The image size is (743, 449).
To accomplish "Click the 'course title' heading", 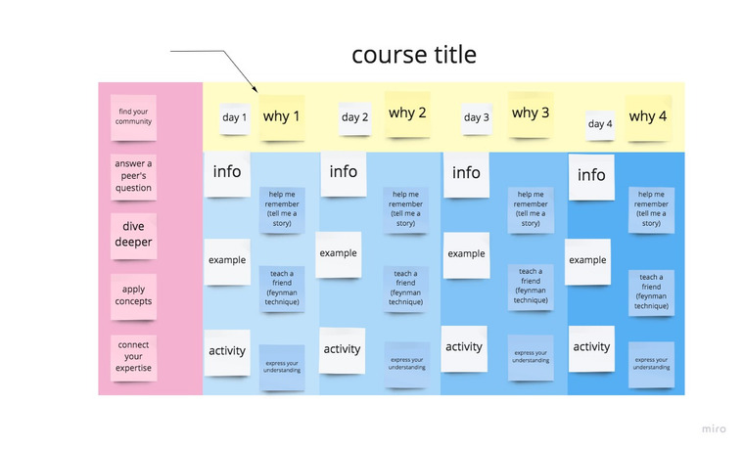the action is click(414, 55).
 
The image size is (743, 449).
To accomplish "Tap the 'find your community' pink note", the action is click(133, 117).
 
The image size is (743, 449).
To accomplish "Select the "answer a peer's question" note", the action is click(133, 176).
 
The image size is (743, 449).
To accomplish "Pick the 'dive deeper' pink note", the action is click(133, 236).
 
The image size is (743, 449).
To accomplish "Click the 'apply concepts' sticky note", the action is click(133, 296).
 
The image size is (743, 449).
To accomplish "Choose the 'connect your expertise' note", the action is click(133, 357).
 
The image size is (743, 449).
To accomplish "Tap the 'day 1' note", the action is click(235, 118).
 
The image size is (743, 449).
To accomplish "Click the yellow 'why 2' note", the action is click(407, 113).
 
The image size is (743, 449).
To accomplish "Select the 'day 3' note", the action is click(476, 118).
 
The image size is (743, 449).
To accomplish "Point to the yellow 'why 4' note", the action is click(648, 117).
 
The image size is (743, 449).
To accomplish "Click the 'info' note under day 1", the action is click(227, 173).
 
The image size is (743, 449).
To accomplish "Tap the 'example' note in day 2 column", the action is click(339, 254).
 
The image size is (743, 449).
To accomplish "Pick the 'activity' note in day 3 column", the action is click(464, 348).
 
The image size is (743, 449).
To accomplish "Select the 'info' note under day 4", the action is click(591, 177).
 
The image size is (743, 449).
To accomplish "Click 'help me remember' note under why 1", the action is click(282, 209).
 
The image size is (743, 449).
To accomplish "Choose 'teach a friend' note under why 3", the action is click(531, 287).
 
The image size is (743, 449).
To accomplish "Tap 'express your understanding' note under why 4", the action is click(652, 365).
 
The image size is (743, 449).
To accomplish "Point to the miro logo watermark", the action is click(714, 428).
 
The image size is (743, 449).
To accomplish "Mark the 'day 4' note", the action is click(600, 125).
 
